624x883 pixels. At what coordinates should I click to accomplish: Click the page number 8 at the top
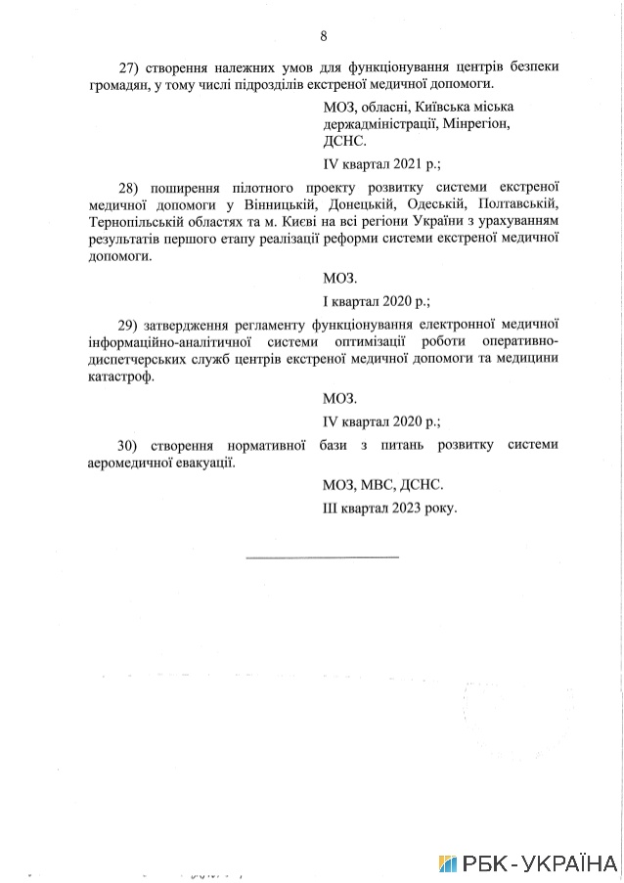[x=324, y=36]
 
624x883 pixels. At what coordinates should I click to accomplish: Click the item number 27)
[x=130, y=66]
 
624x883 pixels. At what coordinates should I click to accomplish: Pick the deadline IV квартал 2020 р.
[x=381, y=421]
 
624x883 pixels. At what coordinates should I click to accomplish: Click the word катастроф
[x=120, y=377]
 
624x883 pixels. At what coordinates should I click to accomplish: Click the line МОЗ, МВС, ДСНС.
[x=382, y=484]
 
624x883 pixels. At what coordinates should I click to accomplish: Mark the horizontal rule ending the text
[x=322, y=557]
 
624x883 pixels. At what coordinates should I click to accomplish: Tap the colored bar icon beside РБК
[x=448, y=863]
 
